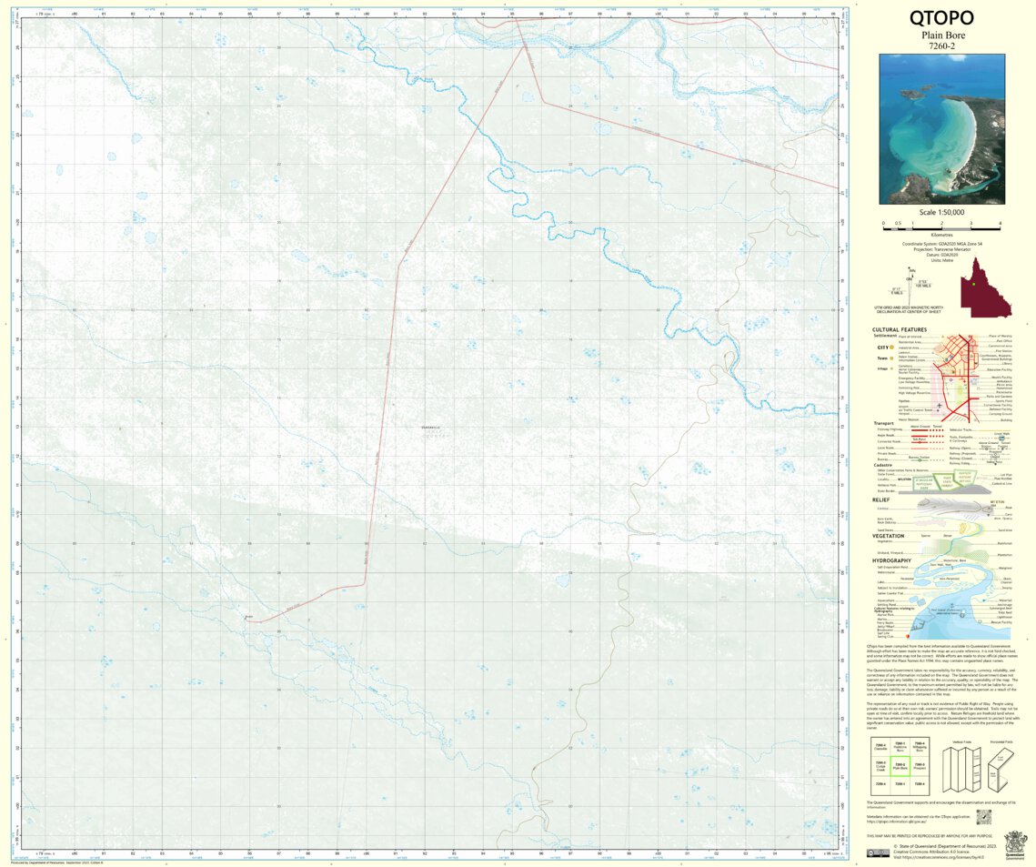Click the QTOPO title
941,18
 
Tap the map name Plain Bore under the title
941,35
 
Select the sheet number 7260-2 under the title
941,45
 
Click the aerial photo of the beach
941,128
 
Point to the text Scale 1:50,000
941,212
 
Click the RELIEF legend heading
880,499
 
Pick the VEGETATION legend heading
888,536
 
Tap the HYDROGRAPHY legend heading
891,560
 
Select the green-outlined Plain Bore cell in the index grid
900,767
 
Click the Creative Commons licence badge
878,852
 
